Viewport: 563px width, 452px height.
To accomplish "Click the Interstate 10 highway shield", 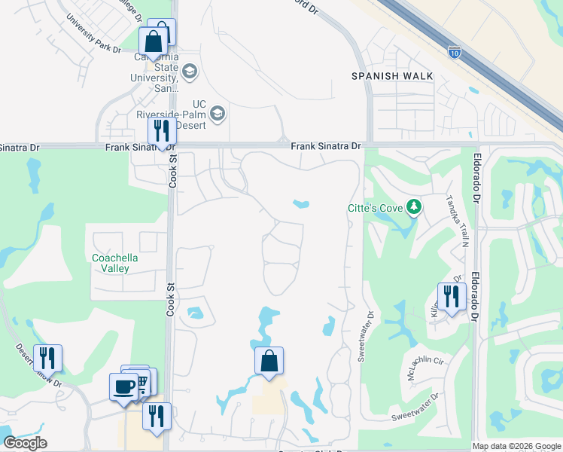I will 454,52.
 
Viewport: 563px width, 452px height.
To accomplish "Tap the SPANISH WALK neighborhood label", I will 392,76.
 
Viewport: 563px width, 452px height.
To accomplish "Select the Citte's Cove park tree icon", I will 412,206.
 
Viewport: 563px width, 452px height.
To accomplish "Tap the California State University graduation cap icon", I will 190,72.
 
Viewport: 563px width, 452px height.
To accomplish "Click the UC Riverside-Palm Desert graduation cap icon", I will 218,114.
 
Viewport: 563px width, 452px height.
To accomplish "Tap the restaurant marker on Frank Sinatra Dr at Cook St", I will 162,131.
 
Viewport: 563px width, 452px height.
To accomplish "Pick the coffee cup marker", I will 124,387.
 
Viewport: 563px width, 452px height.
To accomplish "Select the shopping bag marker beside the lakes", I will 269,361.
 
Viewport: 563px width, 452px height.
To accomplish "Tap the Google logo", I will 25,443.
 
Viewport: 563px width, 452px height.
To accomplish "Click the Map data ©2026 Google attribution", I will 516,446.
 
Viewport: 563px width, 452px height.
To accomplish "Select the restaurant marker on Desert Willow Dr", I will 47,358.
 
